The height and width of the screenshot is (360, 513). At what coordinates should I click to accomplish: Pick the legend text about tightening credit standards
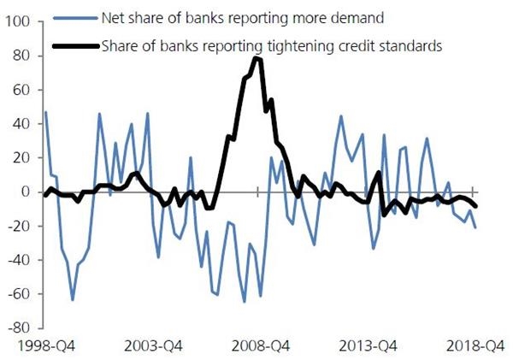pos(271,45)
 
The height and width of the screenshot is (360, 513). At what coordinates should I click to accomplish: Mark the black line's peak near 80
pos(257,57)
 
